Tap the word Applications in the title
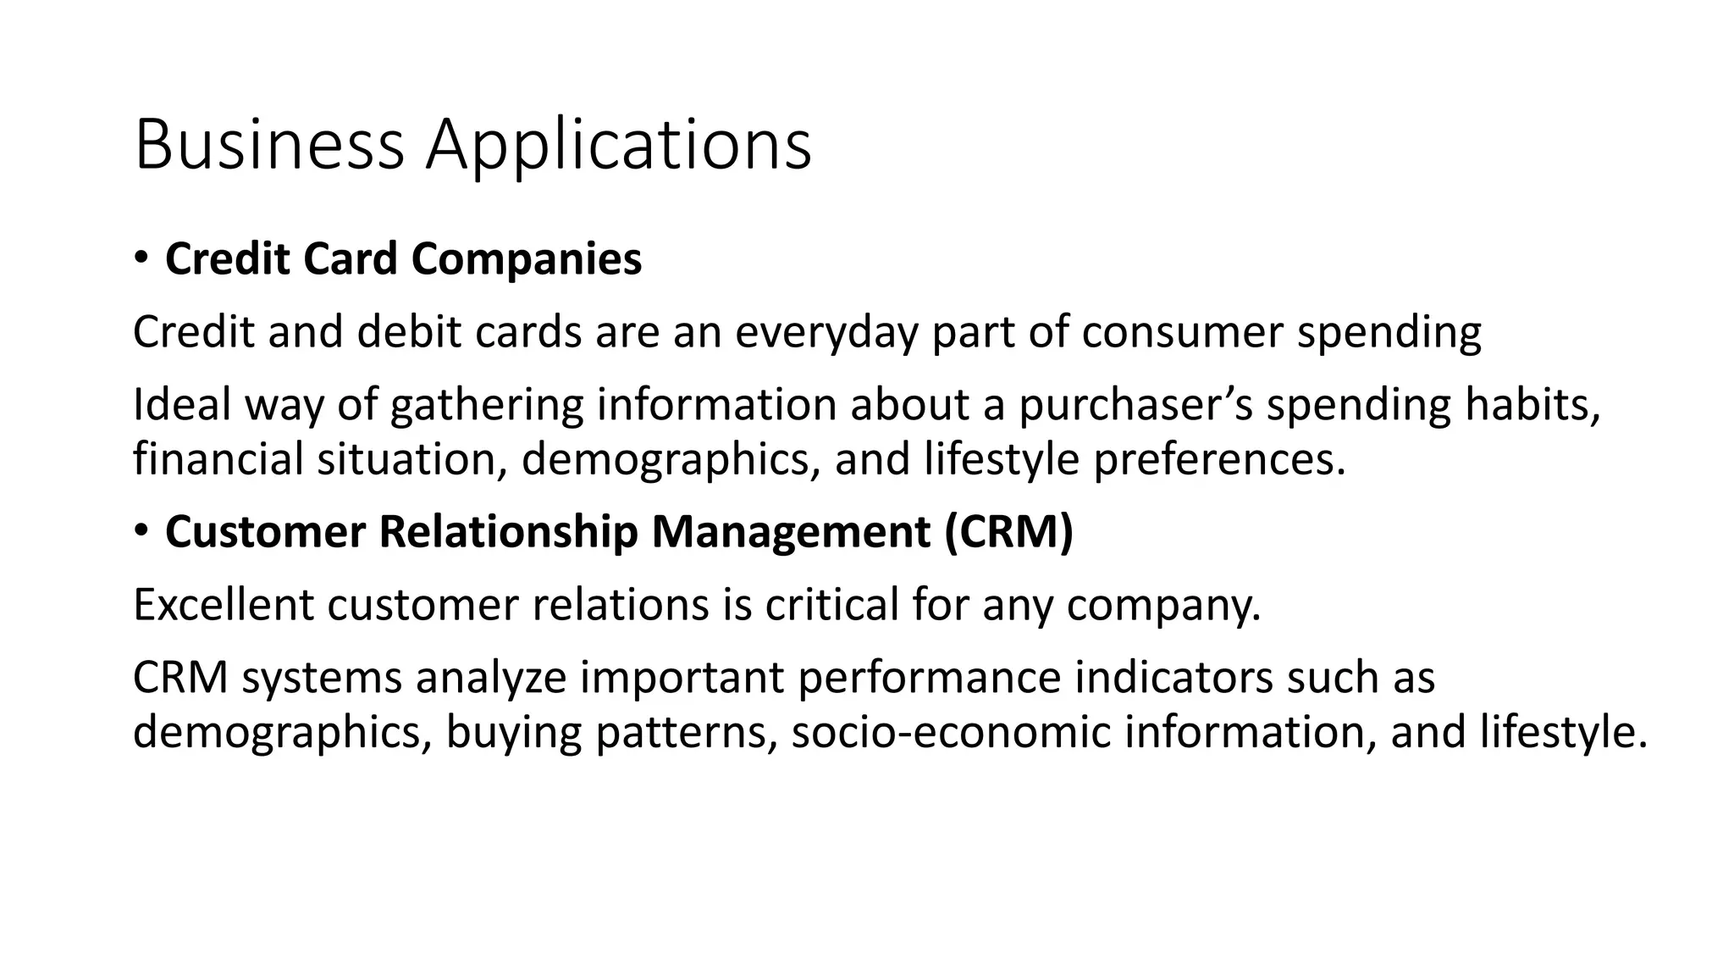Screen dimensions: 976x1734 (x=618, y=146)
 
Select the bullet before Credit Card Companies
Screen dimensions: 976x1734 (x=141, y=257)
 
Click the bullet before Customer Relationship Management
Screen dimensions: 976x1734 (x=141, y=530)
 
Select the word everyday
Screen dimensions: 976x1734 (x=826, y=331)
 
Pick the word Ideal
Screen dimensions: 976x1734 (x=182, y=405)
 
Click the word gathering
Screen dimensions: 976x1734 (x=487, y=405)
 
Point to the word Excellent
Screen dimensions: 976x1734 (x=224, y=605)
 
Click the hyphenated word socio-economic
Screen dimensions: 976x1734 (x=951, y=733)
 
